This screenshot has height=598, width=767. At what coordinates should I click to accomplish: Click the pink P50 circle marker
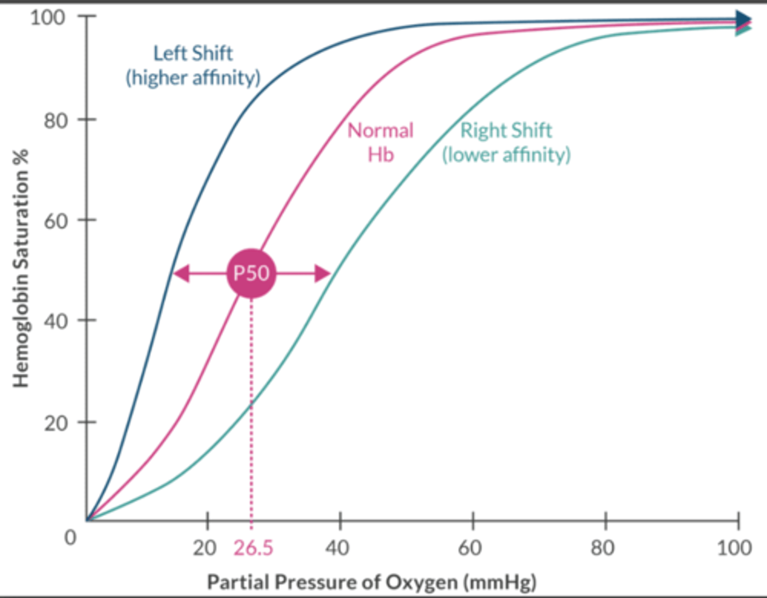tap(251, 274)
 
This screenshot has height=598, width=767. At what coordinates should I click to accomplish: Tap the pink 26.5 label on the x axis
tap(253, 548)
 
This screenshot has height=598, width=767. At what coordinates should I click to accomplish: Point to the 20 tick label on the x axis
tap(205, 548)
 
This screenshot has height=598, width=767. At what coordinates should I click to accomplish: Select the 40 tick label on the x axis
tap(337, 548)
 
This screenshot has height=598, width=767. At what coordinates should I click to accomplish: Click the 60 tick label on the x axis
tap(470, 548)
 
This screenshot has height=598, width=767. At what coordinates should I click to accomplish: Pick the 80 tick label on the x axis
tap(602, 548)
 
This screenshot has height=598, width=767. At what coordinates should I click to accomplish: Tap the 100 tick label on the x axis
tap(734, 548)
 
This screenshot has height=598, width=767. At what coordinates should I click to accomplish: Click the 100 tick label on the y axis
tap(47, 18)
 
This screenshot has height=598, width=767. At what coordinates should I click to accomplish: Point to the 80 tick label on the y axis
tap(55, 121)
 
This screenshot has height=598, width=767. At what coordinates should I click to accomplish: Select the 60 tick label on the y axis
tap(55, 221)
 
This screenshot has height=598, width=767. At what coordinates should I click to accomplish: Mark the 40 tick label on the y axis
tap(55, 322)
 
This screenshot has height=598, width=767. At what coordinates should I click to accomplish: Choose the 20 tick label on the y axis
tap(55, 423)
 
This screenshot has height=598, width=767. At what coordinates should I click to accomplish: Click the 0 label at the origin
tap(70, 537)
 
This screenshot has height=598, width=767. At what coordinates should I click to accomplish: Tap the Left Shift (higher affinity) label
tap(193, 65)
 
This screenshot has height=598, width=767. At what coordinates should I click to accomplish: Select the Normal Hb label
tap(380, 142)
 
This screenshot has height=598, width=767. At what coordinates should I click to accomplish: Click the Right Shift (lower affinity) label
tap(506, 142)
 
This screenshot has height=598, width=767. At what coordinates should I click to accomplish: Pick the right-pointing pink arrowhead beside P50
tap(323, 274)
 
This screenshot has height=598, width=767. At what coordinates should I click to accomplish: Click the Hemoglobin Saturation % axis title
tap(20, 269)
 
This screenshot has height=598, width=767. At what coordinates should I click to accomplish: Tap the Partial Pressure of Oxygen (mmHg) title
tap(371, 582)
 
